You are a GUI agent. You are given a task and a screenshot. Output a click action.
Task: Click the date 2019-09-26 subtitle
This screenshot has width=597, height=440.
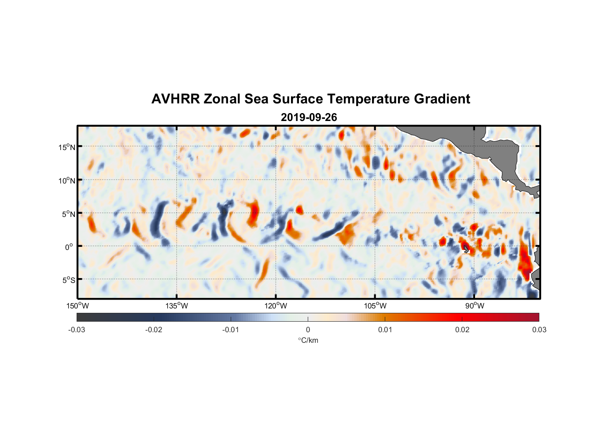(x=309, y=117)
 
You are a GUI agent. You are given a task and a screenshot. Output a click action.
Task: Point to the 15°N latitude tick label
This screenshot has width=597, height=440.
(x=66, y=147)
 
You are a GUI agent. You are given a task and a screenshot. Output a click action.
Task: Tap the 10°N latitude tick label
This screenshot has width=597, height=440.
(x=66, y=180)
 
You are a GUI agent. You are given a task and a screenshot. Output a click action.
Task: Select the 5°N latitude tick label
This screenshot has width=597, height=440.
(x=68, y=214)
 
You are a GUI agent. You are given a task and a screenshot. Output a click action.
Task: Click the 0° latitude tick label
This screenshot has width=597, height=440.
(x=69, y=247)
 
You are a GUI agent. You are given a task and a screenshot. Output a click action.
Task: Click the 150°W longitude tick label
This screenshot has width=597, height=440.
(x=77, y=306)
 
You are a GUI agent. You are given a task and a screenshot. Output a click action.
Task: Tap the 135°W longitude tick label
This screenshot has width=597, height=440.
(x=177, y=306)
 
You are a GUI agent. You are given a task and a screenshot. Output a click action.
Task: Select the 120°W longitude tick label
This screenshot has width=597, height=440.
(x=276, y=306)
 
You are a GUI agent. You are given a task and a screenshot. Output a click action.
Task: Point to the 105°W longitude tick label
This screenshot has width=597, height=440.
(x=375, y=306)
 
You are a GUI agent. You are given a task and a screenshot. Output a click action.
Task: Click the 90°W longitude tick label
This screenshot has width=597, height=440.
(x=474, y=306)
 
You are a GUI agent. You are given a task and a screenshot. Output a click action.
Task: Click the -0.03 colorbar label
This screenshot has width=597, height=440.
(x=77, y=330)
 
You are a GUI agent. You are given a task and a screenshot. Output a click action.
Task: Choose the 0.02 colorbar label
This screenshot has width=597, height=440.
(x=462, y=330)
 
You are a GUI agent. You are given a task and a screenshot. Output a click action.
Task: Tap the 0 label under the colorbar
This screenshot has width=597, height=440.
(x=308, y=330)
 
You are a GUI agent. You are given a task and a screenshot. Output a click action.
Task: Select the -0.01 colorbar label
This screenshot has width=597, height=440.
(x=231, y=330)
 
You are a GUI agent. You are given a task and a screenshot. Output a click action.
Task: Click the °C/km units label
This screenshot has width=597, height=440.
(x=308, y=340)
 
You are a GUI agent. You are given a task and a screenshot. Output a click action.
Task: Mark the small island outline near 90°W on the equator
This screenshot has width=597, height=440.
(x=466, y=249)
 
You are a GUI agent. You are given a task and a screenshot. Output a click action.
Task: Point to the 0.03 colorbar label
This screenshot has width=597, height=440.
(x=539, y=330)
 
